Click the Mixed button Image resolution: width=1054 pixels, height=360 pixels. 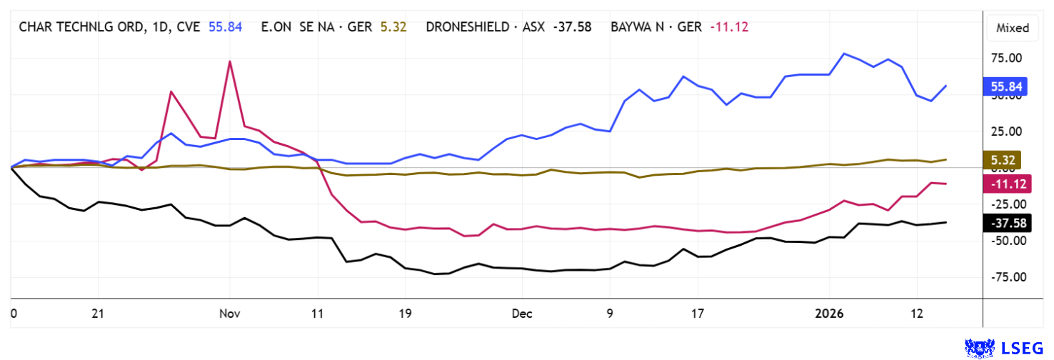click(1013, 28)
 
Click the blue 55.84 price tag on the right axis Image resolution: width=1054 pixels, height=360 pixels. click(1005, 87)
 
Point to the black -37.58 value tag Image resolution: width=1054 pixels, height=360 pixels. click(1005, 223)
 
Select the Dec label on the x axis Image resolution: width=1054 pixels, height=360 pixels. click(522, 314)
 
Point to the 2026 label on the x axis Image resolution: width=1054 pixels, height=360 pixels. click(830, 314)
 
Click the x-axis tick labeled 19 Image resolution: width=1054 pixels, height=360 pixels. click(405, 314)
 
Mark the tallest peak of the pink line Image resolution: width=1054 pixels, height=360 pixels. click(230, 61)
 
